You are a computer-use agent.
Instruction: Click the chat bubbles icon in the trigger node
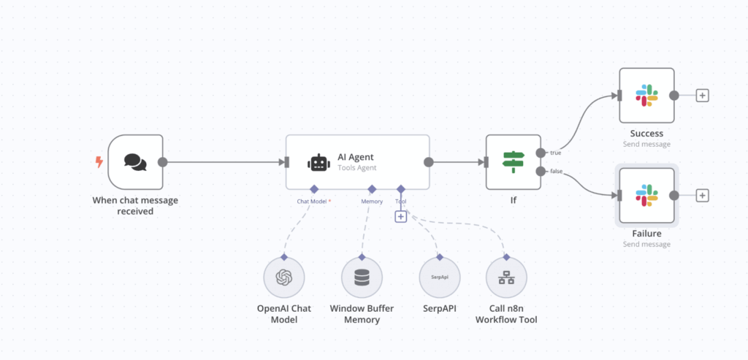(135, 162)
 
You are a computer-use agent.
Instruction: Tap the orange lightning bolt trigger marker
(99, 161)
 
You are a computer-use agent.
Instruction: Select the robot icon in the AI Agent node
(318, 163)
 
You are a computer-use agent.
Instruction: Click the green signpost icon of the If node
(514, 162)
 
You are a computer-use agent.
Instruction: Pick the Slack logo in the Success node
(646, 96)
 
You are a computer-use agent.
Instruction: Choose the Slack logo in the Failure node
(646, 195)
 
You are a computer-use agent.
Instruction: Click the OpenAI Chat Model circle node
(283, 277)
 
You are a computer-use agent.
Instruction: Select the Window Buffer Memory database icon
(362, 277)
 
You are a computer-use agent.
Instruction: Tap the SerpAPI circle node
(439, 277)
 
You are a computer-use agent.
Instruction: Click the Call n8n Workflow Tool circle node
(505, 277)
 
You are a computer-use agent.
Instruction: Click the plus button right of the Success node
(702, 96)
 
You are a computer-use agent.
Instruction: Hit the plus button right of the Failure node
(702, 195)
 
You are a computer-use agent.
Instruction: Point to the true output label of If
(556, 152)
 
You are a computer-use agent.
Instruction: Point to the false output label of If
(557, 171)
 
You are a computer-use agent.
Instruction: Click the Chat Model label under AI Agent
(312, 201)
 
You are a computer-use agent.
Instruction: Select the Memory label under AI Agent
(371, 201)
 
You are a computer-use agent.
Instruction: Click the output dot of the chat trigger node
(162, 162)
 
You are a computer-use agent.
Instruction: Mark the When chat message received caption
(135, 205)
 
